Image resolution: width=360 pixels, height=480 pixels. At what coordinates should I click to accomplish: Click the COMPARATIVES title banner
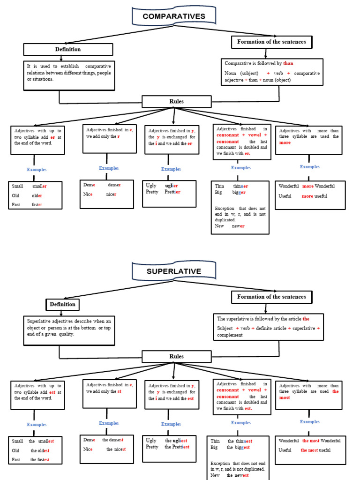174,16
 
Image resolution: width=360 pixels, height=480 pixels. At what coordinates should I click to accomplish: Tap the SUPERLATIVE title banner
174,271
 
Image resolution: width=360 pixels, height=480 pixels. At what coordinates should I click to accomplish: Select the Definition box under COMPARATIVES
68,49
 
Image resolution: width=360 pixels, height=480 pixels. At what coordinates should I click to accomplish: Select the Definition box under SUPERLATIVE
63,304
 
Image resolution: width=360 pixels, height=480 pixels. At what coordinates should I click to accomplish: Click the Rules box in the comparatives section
176,101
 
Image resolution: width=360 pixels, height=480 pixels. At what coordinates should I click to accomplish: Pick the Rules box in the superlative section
176,356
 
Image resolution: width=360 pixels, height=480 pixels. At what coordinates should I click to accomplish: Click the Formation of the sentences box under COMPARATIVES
271,42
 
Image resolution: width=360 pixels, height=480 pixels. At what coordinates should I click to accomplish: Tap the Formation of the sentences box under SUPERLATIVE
271,297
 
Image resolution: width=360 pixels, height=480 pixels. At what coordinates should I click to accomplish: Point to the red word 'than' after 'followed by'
288,63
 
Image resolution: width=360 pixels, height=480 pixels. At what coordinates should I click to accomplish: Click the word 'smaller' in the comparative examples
40,186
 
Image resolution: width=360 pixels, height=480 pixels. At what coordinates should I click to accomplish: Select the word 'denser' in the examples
114,185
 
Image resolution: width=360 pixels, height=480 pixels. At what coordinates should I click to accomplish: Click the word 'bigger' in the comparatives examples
239,192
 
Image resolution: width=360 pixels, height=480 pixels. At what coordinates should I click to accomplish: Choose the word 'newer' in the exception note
238,226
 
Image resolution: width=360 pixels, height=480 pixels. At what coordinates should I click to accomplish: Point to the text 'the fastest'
40,460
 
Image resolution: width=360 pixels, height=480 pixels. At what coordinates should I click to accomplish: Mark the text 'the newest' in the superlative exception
238,475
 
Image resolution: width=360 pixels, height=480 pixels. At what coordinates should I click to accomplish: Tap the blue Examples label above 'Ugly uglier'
171,169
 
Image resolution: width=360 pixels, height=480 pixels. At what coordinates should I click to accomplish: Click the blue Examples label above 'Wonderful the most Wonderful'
310,421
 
